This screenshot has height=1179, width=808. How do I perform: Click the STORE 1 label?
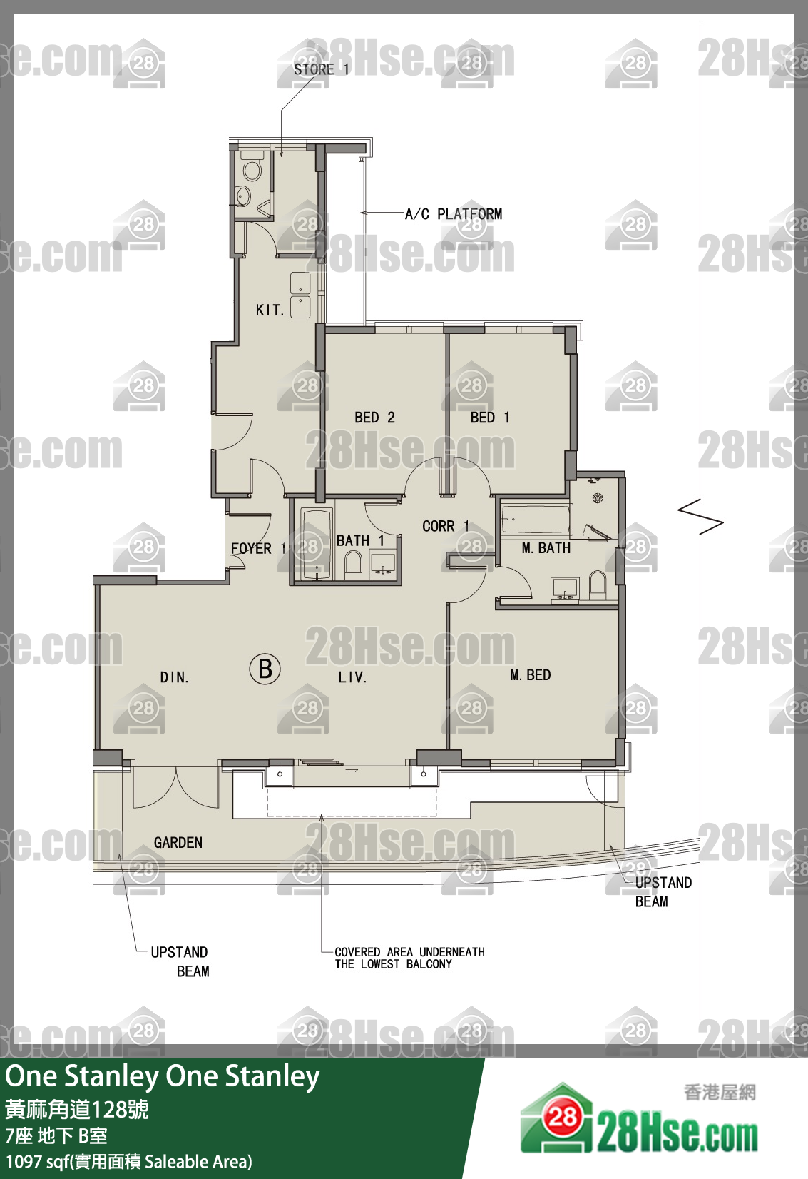(x=321, y=69)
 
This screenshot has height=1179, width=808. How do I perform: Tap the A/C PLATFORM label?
(x=454, y=214)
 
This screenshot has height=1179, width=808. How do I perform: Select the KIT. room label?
(x=270, y=310)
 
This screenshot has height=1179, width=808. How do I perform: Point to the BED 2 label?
(x=374, y=418)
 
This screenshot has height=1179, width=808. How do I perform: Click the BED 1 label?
(x=490, y=418)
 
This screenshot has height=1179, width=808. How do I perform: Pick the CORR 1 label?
(x=446, y=526)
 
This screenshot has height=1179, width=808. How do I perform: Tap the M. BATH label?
(x=546, y=548)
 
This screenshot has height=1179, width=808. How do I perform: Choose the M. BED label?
(x=531, y=674)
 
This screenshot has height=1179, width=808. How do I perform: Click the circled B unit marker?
(x=265, y=669)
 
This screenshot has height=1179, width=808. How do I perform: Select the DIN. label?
(x=174, y=677)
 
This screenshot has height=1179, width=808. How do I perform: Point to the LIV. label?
(x=352, y=677)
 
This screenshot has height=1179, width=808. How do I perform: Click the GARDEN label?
(x=178, y=843)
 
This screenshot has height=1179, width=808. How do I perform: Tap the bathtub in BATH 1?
(x=316, y=545)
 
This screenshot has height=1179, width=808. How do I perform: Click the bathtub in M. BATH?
(x=536, y=520)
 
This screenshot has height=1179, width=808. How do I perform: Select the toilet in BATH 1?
(x=353, y=566)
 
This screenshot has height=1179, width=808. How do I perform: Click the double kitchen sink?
(x=300, y=295)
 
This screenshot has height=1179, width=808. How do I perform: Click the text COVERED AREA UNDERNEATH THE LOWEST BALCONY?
(x=410, y=958)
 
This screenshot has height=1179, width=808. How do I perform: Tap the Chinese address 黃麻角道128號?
(x=77, y=1109)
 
